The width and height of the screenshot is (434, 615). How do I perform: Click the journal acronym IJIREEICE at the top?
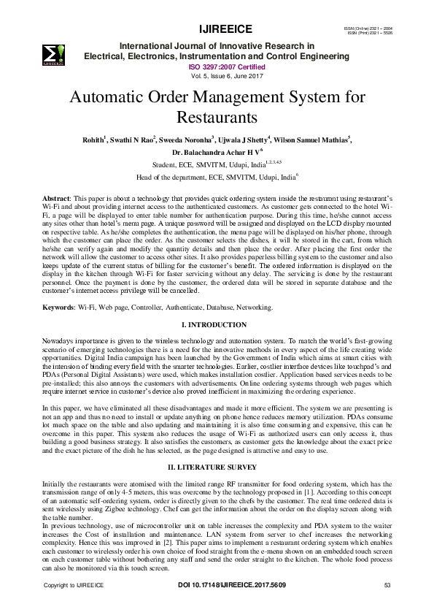(x=225, y=29)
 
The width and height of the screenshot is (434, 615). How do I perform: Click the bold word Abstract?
(x=55, y=199)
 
